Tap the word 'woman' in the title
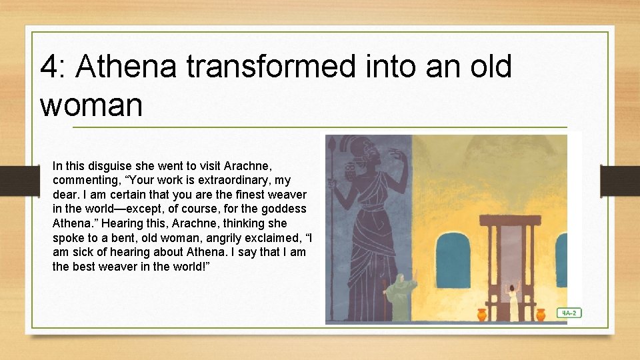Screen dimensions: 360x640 pos(91,105)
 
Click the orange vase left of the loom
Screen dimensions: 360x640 pos(482,314)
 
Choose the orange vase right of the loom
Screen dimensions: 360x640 pos(541,313)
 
